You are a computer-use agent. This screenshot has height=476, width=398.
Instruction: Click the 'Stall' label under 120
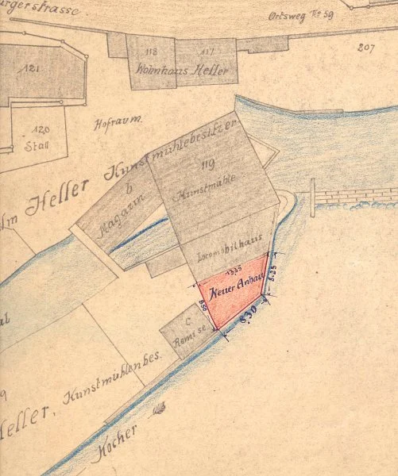coord(37,146)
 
